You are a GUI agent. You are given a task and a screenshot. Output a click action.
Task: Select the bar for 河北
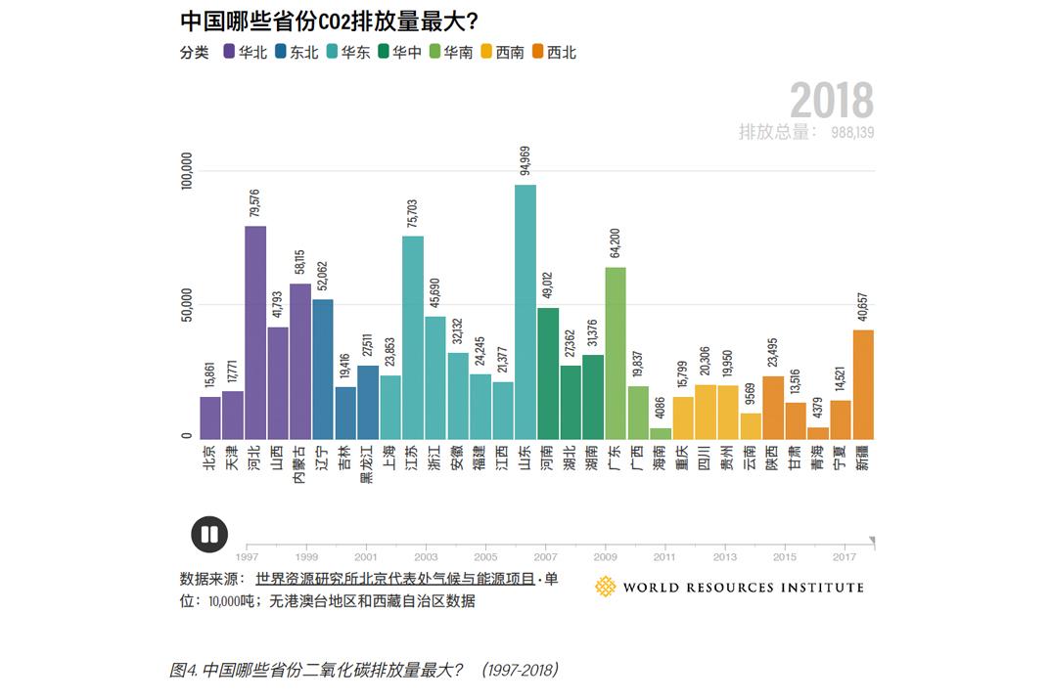(x=255, y=332)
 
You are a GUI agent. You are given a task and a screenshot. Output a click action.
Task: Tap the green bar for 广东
(x=616, y=352)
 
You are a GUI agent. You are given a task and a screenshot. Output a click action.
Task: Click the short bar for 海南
(x=662, y=432)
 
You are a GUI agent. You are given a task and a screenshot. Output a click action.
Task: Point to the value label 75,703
(x=412, y=207)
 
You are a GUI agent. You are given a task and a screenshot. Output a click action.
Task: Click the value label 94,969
(x=525, y=156)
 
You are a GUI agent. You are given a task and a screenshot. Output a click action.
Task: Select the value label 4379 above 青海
(x=818, y=405)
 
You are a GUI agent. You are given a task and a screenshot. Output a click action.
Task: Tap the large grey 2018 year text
(x=831, y=100)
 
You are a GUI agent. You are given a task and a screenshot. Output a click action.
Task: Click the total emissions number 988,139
(x=852, y=132)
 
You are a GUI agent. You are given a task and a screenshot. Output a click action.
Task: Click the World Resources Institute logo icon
(x=606, y=587)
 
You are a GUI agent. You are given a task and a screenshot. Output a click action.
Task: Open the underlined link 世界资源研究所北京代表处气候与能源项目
(x=394, y=579)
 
